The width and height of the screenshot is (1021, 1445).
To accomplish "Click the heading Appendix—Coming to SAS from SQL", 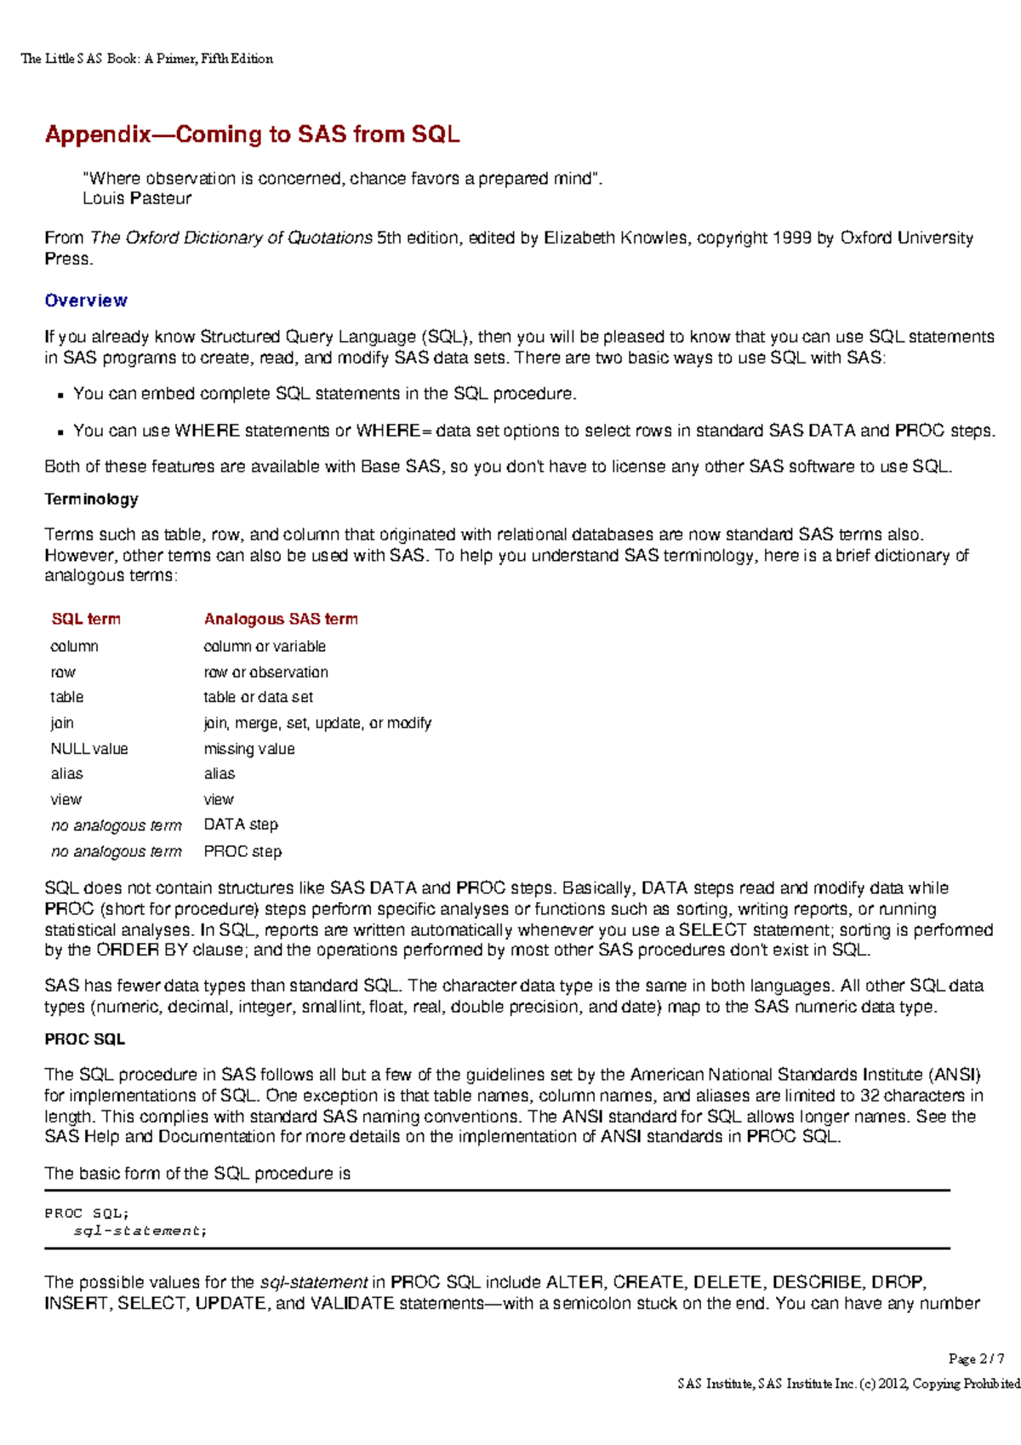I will coord(252,134).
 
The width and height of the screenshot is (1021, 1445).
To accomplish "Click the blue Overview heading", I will coord(86,300).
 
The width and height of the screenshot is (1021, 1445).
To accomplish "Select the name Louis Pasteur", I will coord(137,198).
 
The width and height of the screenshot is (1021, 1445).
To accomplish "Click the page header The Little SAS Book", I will coord(146,59).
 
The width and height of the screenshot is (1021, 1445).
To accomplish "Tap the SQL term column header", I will coord(86,620).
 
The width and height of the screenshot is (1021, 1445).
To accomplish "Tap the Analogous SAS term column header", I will coord(281,620).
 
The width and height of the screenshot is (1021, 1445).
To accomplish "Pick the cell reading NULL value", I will coord(89,749).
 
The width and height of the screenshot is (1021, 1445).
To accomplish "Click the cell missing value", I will coord(249,749).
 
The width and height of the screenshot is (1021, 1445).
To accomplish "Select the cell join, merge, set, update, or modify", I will coord(317,723).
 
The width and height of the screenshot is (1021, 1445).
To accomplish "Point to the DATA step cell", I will coord(241,825).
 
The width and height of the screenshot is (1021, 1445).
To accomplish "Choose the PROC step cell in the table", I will coord(242,851).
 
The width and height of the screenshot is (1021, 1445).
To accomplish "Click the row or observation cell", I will coord(265,672).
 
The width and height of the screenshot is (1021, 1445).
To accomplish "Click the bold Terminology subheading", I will coord(91,500).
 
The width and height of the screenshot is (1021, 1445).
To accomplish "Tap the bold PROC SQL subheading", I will coord(84,1039).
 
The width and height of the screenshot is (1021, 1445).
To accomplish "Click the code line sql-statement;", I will coord(140,1231).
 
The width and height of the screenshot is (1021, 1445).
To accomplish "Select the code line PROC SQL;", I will coord(86,1214).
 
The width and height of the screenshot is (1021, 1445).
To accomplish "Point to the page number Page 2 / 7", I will coord(976,1359).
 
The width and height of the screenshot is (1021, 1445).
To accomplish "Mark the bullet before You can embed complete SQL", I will coord(60,395).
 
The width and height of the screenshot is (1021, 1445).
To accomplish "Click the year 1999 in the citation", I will coord(791,238).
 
